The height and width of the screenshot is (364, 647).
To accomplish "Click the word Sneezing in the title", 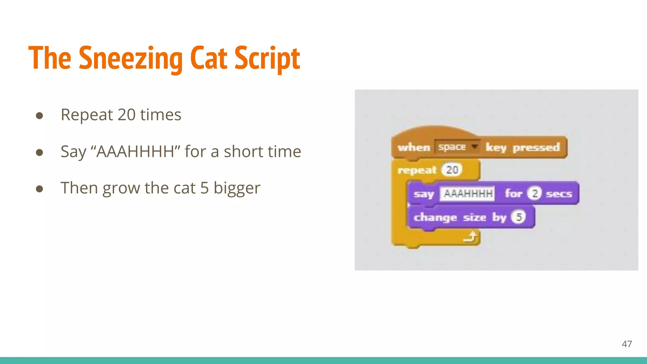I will click(130, 58).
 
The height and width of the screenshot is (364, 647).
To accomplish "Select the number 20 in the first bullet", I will click(127, 114).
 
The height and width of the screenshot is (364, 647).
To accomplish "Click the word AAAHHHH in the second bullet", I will click(135, 151).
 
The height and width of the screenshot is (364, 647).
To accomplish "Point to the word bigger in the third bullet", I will click(237, 188).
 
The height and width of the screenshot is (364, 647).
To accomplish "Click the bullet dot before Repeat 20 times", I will click(39, 116).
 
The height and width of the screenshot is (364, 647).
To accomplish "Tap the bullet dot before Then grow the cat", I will click(39, 189).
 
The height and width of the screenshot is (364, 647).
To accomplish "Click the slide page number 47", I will click(627, 344).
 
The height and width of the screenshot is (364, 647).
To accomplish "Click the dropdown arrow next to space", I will click(474, 147).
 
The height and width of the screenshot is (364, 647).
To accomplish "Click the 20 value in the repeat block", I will click(452, 170).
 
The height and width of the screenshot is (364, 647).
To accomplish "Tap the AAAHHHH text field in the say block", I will click(468, 193).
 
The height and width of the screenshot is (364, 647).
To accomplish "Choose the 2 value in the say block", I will click(535, 193).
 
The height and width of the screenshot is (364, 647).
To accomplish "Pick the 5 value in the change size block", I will click(518, 217).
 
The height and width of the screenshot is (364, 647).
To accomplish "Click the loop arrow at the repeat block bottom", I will click(470, 237).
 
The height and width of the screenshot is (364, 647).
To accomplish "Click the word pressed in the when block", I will click(536, 148).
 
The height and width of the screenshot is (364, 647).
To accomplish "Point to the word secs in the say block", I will click(559, 194).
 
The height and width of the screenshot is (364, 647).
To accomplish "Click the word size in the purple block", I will click(474, 217).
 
